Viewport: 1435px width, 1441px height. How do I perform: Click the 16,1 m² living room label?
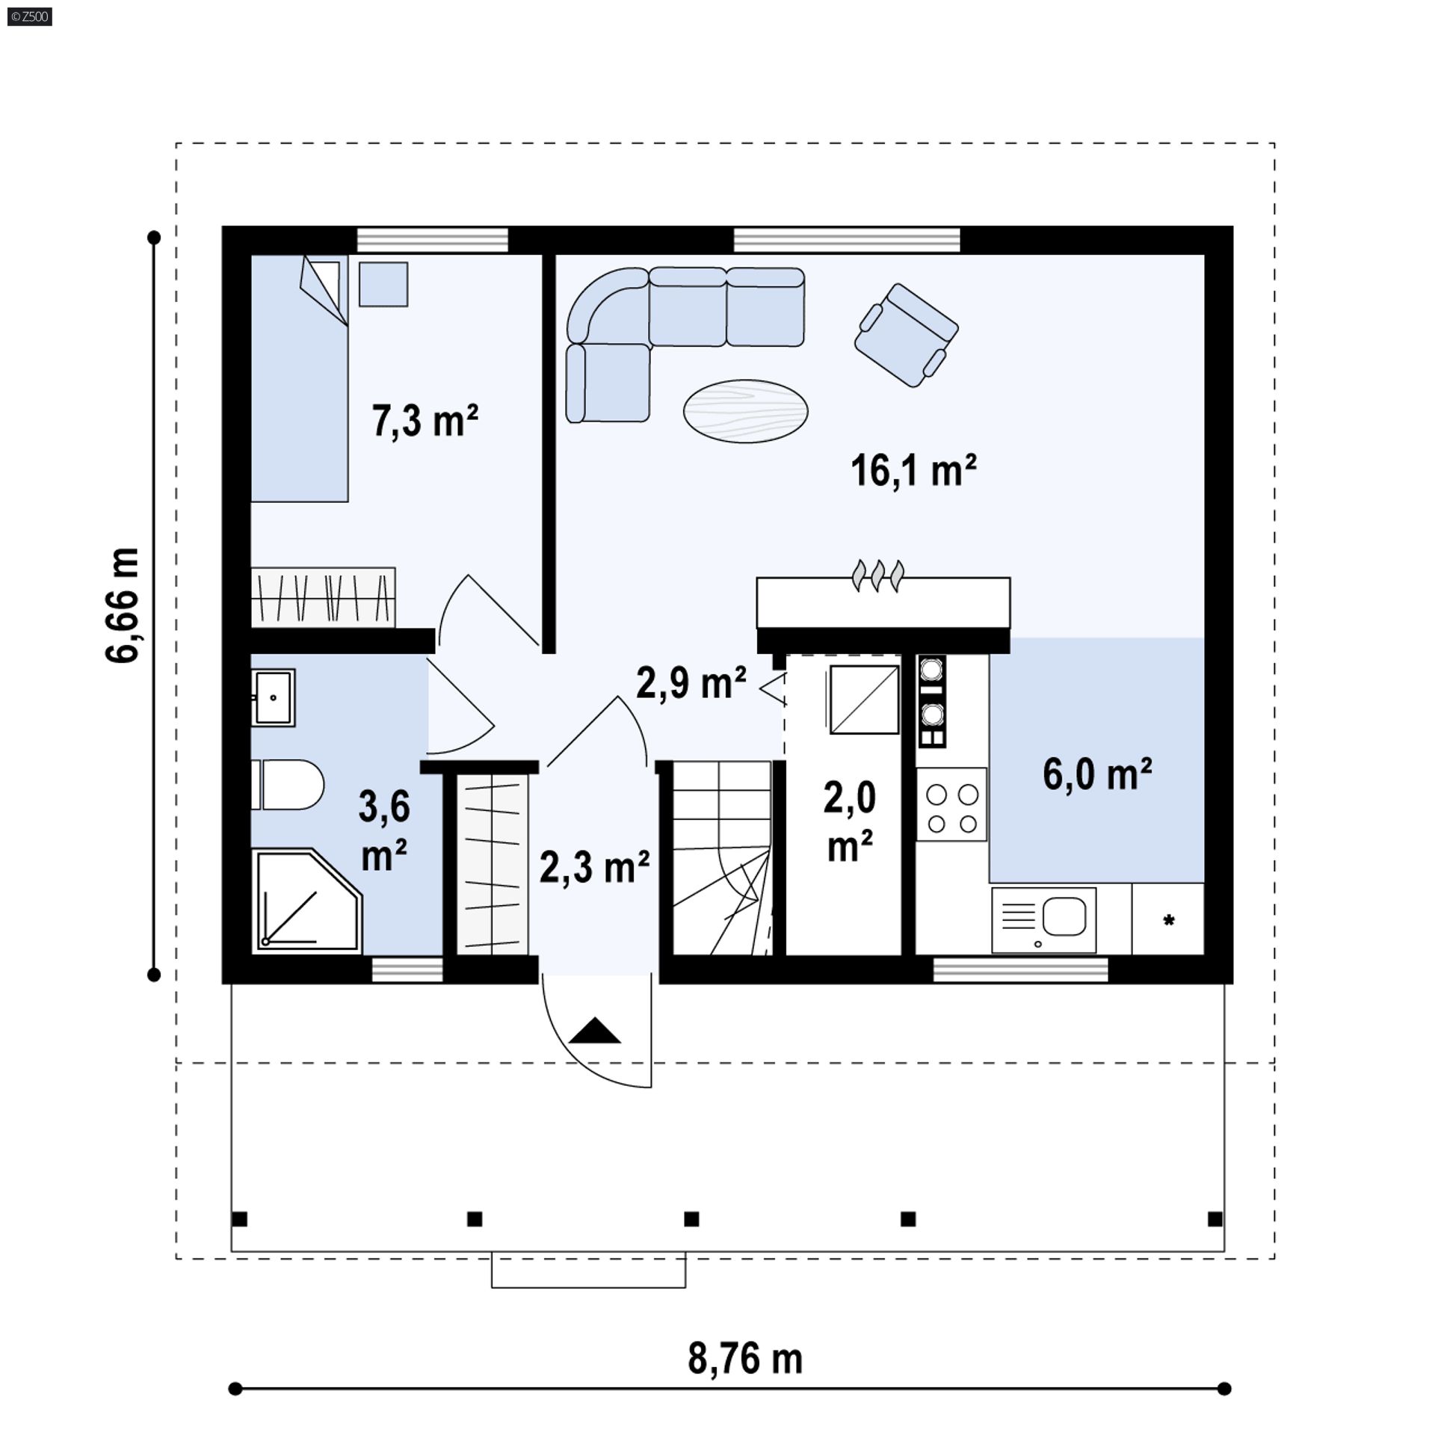pos(913,470)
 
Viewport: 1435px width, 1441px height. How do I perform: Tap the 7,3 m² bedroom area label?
pos(425,420)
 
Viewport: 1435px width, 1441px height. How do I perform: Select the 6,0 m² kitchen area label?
pos(1097,774)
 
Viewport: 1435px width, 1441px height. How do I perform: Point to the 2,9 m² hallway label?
pos(691,682)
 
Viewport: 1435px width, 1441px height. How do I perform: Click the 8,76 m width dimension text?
pos(745,1358)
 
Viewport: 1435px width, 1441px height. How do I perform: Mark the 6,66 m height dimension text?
pos(123,605)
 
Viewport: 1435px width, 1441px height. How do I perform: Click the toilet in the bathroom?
pos(288,785)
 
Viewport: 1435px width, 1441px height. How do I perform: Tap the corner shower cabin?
pos(307,901)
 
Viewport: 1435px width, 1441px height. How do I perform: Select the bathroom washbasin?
pos(274,697)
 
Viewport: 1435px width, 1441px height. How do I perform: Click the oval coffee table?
pos(745,411)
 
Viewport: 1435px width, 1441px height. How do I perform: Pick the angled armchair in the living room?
pos(907,335)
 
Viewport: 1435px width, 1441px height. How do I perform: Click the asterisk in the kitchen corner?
pos(1169,920)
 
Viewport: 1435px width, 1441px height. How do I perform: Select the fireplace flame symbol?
pos(878,576)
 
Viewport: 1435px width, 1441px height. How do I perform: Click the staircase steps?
pos(722,858)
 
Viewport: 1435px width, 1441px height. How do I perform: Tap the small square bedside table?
pos(383,284)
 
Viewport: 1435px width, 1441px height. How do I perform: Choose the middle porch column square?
pos(691,1219)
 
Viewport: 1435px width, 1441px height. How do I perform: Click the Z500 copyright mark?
pos(30,16)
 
